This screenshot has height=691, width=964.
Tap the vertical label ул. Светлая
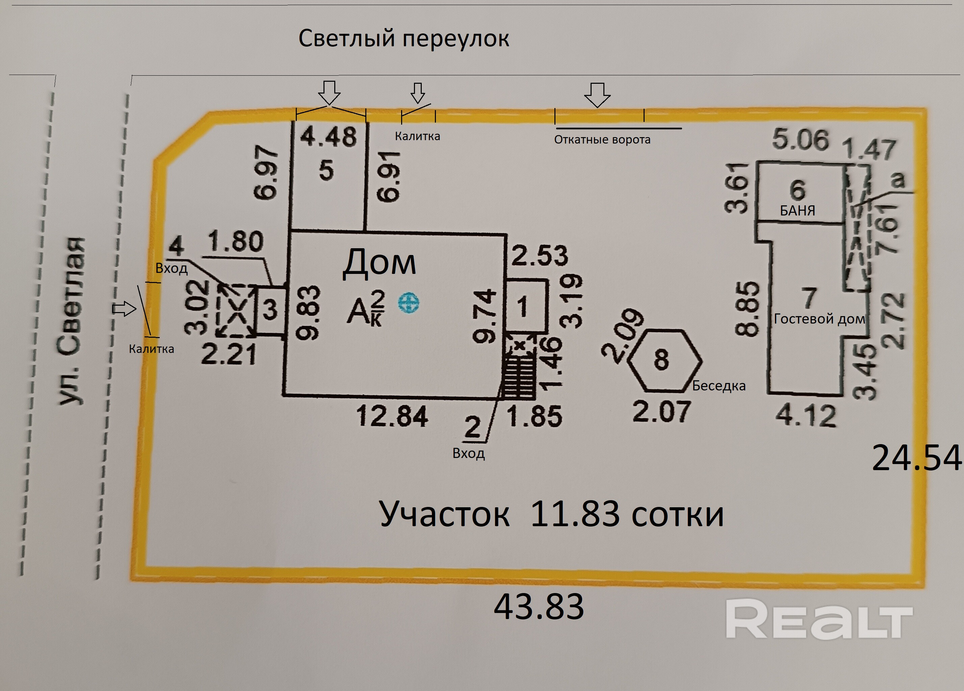[71, 321]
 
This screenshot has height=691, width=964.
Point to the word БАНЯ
[798, 210]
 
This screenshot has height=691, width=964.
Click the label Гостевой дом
[819, 319]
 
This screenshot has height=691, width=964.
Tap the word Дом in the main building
[379, 263]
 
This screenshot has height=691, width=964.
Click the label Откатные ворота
[602, 139]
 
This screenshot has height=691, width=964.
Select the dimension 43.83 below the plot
[539, 607]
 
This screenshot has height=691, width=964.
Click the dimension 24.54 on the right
[916, 458]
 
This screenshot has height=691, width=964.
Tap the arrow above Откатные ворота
[597, 95]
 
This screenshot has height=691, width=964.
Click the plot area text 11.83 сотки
[626, 514]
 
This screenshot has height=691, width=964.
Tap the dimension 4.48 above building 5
[328, 137]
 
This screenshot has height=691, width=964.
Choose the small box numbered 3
[270, 310]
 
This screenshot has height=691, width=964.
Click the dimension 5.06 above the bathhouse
[800, 139]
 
